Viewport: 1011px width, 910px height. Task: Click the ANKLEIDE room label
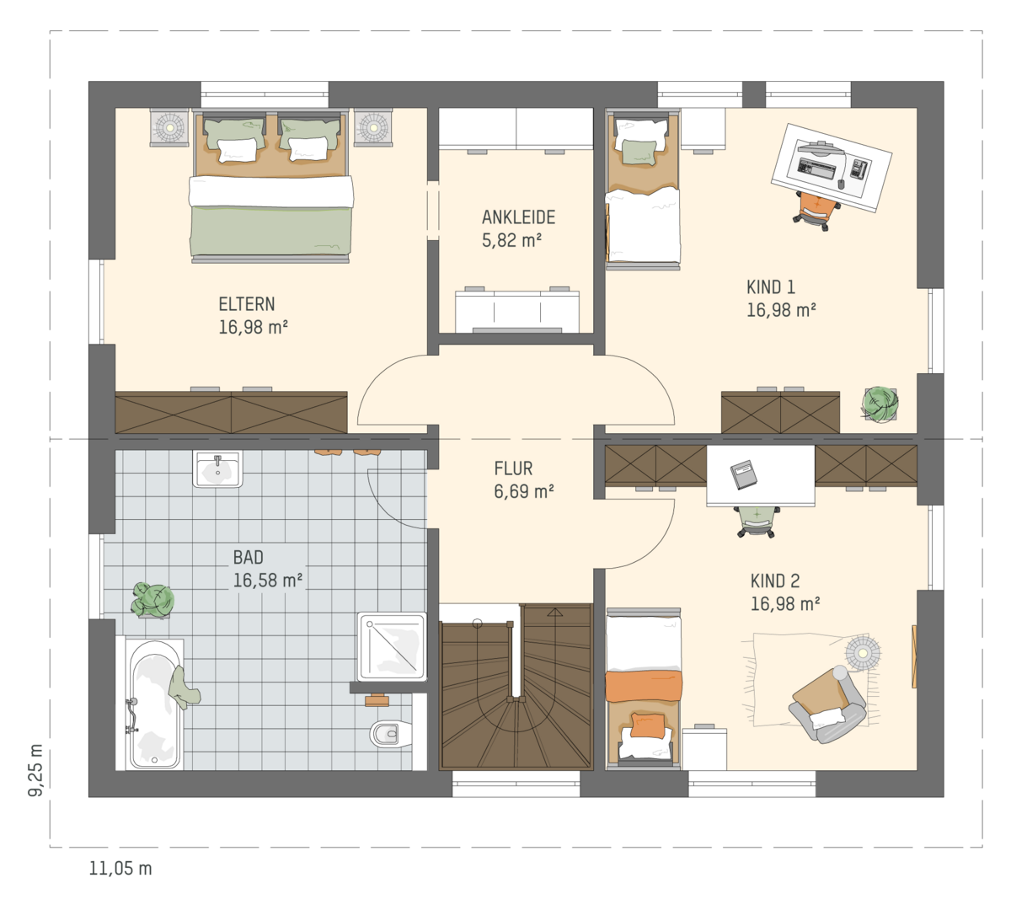tap(518, 217)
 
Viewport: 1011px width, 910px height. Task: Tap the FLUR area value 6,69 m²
tap(524, 491)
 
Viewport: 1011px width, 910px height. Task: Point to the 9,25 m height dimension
tap(35, 769)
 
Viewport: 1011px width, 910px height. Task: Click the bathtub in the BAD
tap(155, 704)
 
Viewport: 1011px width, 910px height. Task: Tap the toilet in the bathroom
tap(391, 733)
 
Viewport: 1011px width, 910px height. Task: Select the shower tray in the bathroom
tap(392, 646)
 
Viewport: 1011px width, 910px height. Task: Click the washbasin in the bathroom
tap(217, 468)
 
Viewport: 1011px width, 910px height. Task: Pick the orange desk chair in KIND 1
tap(811, 211)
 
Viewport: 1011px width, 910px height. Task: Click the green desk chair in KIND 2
tap(757, 522)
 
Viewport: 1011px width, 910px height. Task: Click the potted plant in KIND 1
tap(880, 404)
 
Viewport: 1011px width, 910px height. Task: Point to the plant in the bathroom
tap(153, 600)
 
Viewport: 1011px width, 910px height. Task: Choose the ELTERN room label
tap(247, 304)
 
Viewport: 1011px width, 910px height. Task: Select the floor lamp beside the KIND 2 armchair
tap(863, 653)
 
